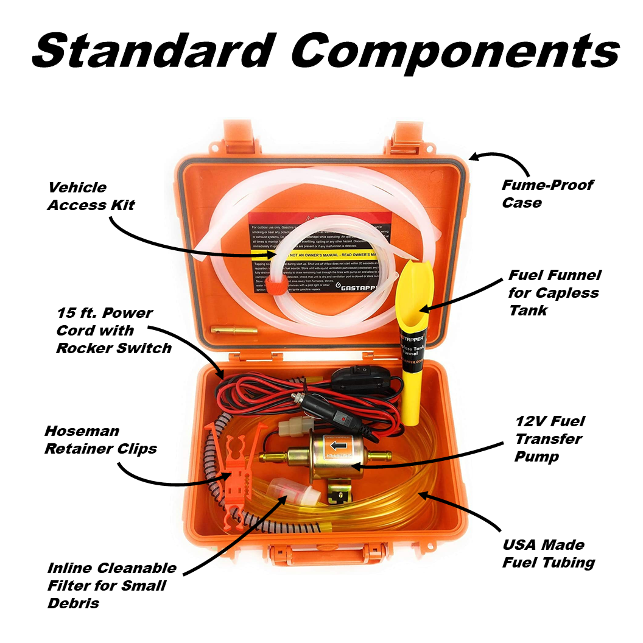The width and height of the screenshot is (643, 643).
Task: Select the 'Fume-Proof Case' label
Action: tap(547, 193)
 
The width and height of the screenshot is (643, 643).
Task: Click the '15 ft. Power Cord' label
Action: tap(113, 330)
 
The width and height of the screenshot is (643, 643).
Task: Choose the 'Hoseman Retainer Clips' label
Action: tap(100, 440)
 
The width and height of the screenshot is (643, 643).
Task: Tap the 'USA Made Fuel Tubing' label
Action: tap(548, 553)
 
